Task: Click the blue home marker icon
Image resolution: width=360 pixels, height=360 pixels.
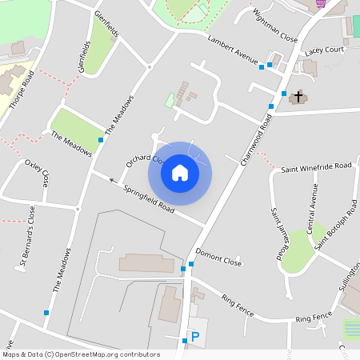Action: pos(180,173)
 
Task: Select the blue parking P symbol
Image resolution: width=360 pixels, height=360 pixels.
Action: pos(194,338)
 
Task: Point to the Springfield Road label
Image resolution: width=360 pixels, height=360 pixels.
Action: pos(150,198)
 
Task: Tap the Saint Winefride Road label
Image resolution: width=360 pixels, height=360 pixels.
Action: pos(316,166)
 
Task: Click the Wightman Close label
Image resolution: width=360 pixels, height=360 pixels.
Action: pos(274,28)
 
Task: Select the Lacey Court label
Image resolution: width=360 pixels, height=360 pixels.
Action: pos(324,50)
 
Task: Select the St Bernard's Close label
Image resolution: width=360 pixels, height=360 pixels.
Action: pos(27,237)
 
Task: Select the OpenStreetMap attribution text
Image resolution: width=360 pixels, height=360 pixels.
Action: pos(80,354)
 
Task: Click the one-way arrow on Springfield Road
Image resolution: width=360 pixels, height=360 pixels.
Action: pos(111,180)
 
